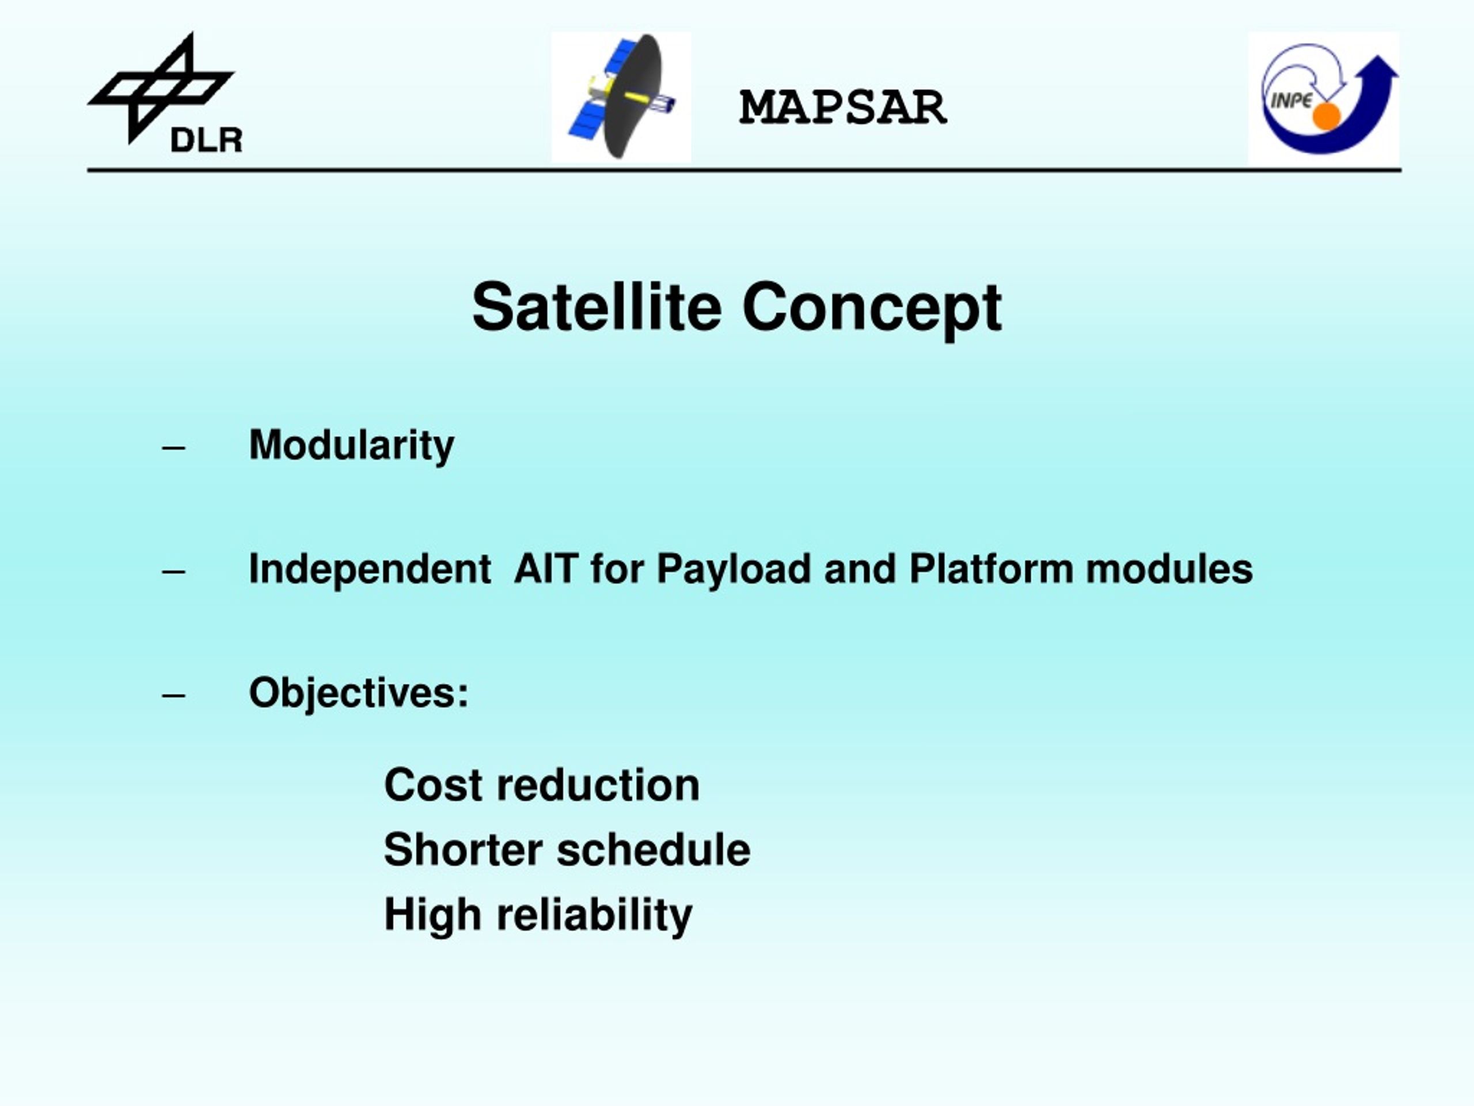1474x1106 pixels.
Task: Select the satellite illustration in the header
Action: [x=621, y=97]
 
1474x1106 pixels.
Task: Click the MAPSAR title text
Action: [x=843, y=107]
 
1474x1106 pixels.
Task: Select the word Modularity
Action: [x=351, y=445]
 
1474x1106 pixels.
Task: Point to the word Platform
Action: [x=991, y=569]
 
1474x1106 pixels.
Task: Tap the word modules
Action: [x=1169, y=569]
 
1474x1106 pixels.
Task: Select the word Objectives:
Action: [x=359, y=694]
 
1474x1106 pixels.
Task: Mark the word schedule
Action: [x=654, y=849]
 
